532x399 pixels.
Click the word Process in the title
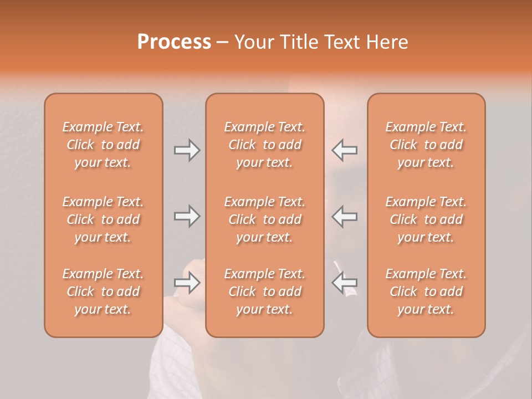coord(174,42)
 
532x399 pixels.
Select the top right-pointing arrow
coord(187,150)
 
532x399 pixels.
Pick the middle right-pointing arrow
coord(187,216)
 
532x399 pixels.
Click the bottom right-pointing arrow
coord(187,283)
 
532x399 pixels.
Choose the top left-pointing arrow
coord(344,150)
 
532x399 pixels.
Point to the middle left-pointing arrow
coord(344,216)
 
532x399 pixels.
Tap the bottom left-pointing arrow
coord(344,283)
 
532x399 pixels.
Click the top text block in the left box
coord(103,145)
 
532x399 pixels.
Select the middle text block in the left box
coord(103,219)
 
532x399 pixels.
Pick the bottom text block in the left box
coord(103,291)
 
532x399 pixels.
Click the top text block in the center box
coord(264,145)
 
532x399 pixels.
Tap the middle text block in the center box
coord(264,219)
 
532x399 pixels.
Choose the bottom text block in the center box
coord(264,291)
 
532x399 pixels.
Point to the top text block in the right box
coord(426,145)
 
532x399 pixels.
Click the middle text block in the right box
coord(426,219)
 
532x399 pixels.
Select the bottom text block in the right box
coord(426,291)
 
